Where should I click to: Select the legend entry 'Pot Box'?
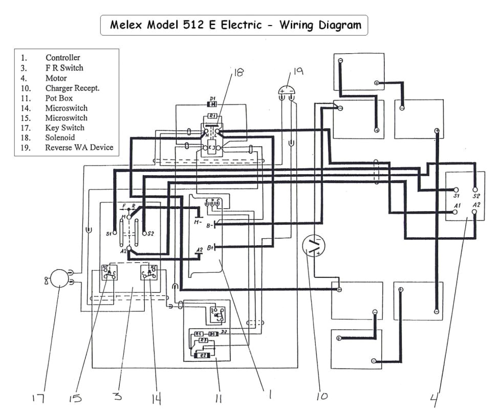point(59,98)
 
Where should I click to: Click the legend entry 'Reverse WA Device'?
point(79,148)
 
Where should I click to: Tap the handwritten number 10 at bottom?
point(322,396)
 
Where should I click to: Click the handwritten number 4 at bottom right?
point(436,398)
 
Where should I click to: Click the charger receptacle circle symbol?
point(314,246)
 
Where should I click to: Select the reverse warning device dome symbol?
point(287,94)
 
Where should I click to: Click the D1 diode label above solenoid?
point(212,98)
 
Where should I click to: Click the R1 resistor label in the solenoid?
point(212,116)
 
